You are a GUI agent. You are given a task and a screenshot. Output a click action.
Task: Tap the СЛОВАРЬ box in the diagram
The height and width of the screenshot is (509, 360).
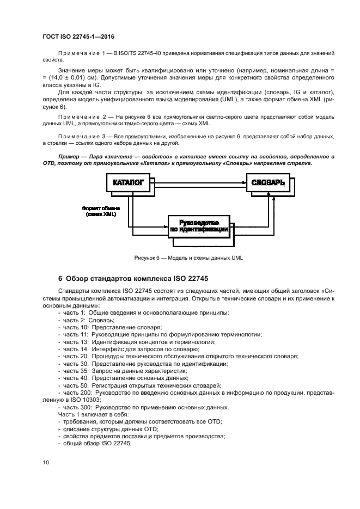268,183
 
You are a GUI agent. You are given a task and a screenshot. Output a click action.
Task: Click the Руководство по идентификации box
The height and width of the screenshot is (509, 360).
198,226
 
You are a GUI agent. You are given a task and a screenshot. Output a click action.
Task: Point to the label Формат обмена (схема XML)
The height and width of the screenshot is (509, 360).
101,211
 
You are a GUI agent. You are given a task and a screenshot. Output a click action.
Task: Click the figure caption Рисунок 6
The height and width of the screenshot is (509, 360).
188,258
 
